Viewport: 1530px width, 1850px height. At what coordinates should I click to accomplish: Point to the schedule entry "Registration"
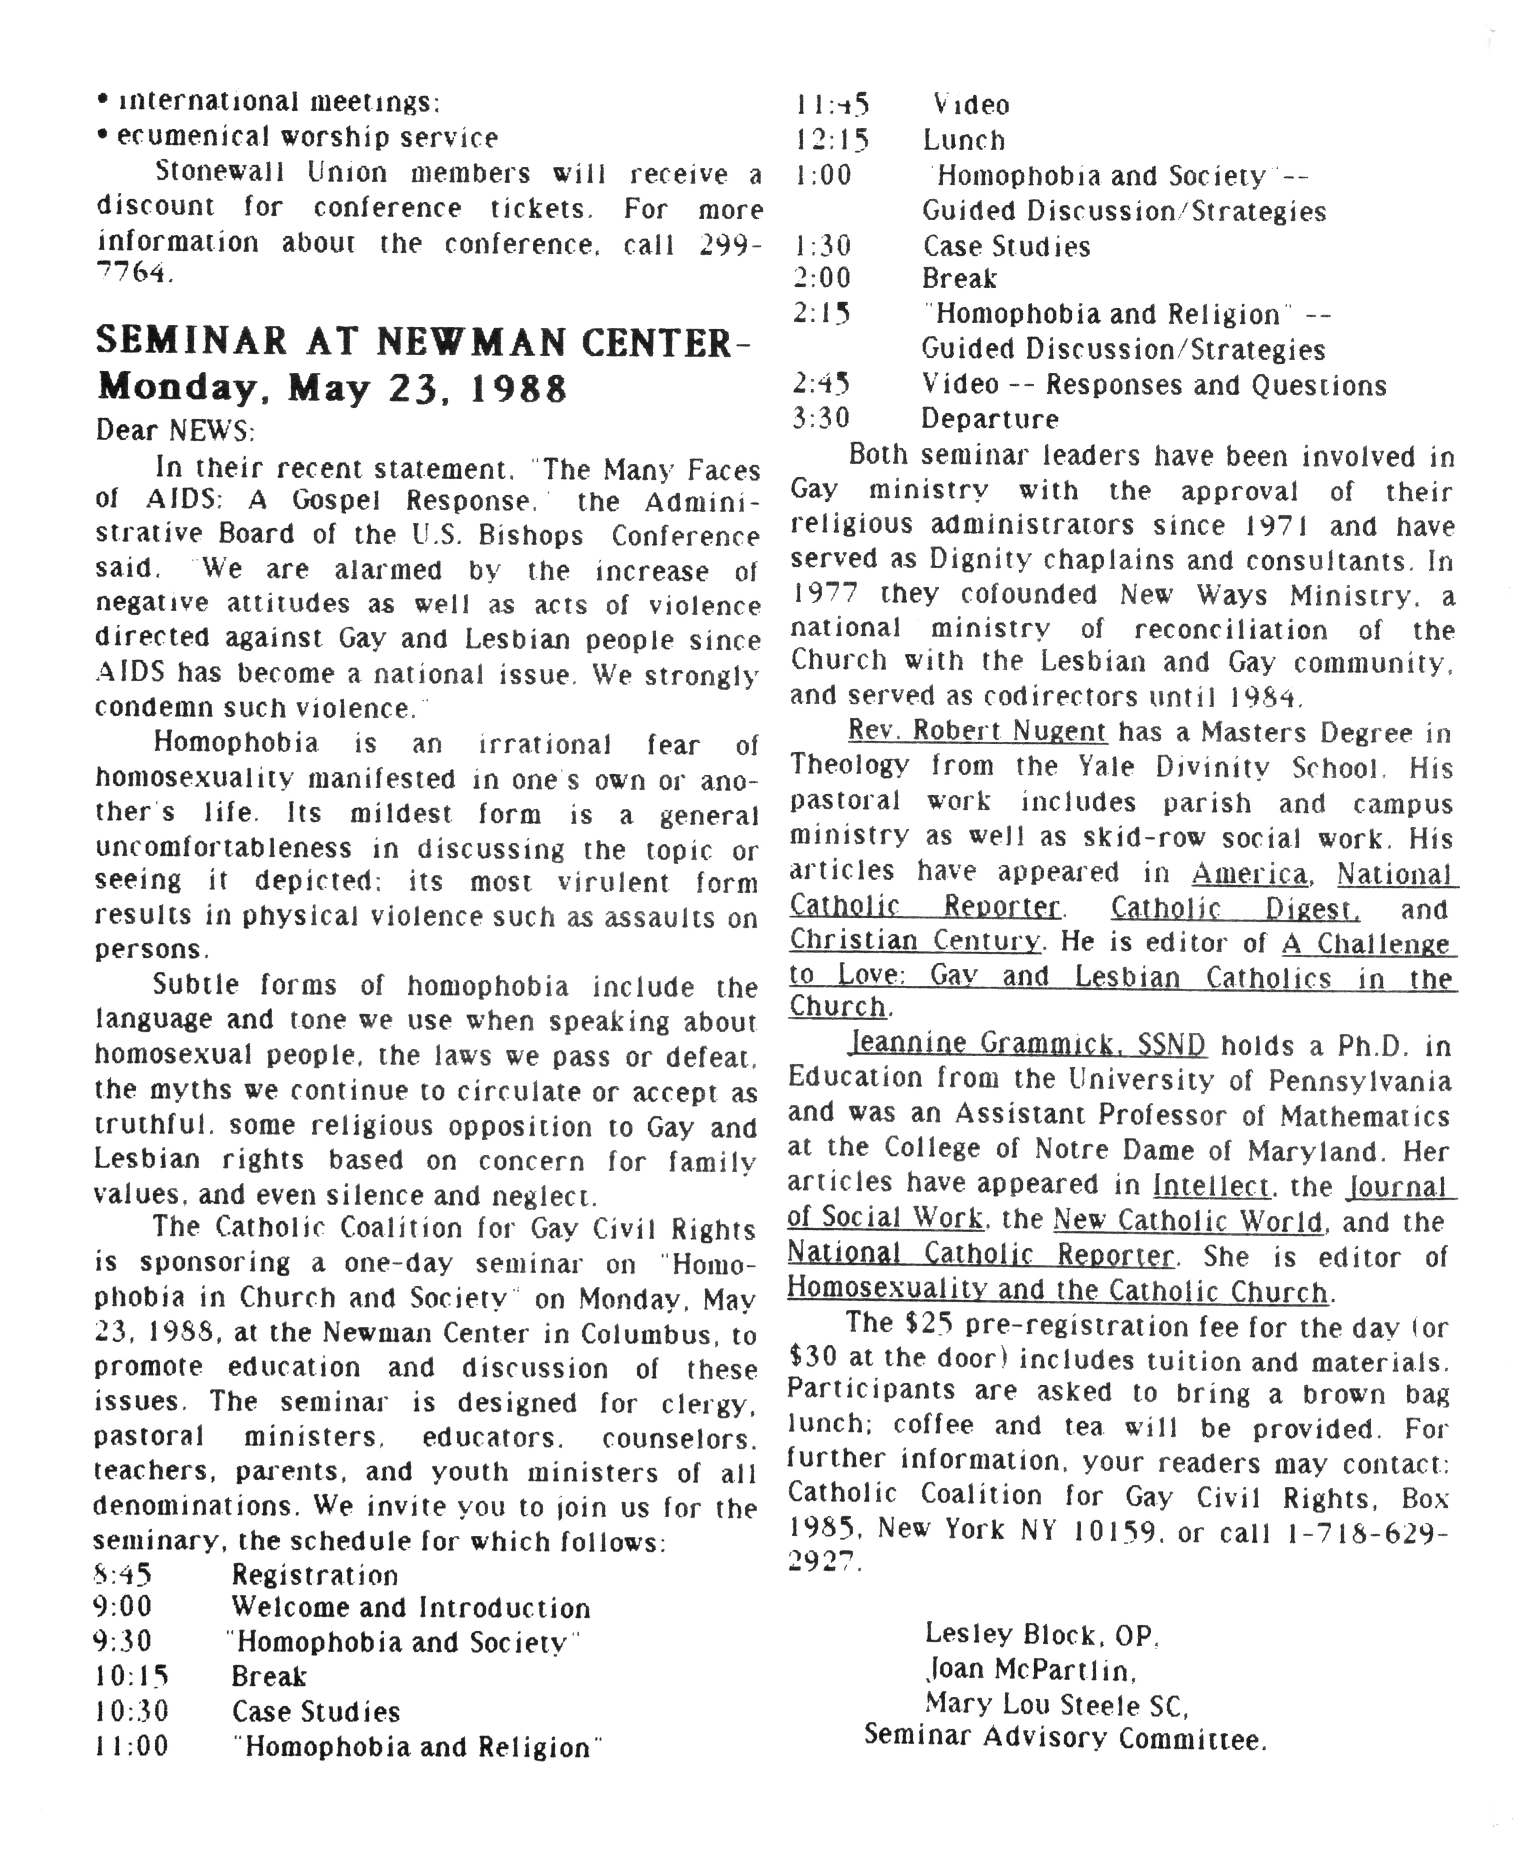click(315, 1574)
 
